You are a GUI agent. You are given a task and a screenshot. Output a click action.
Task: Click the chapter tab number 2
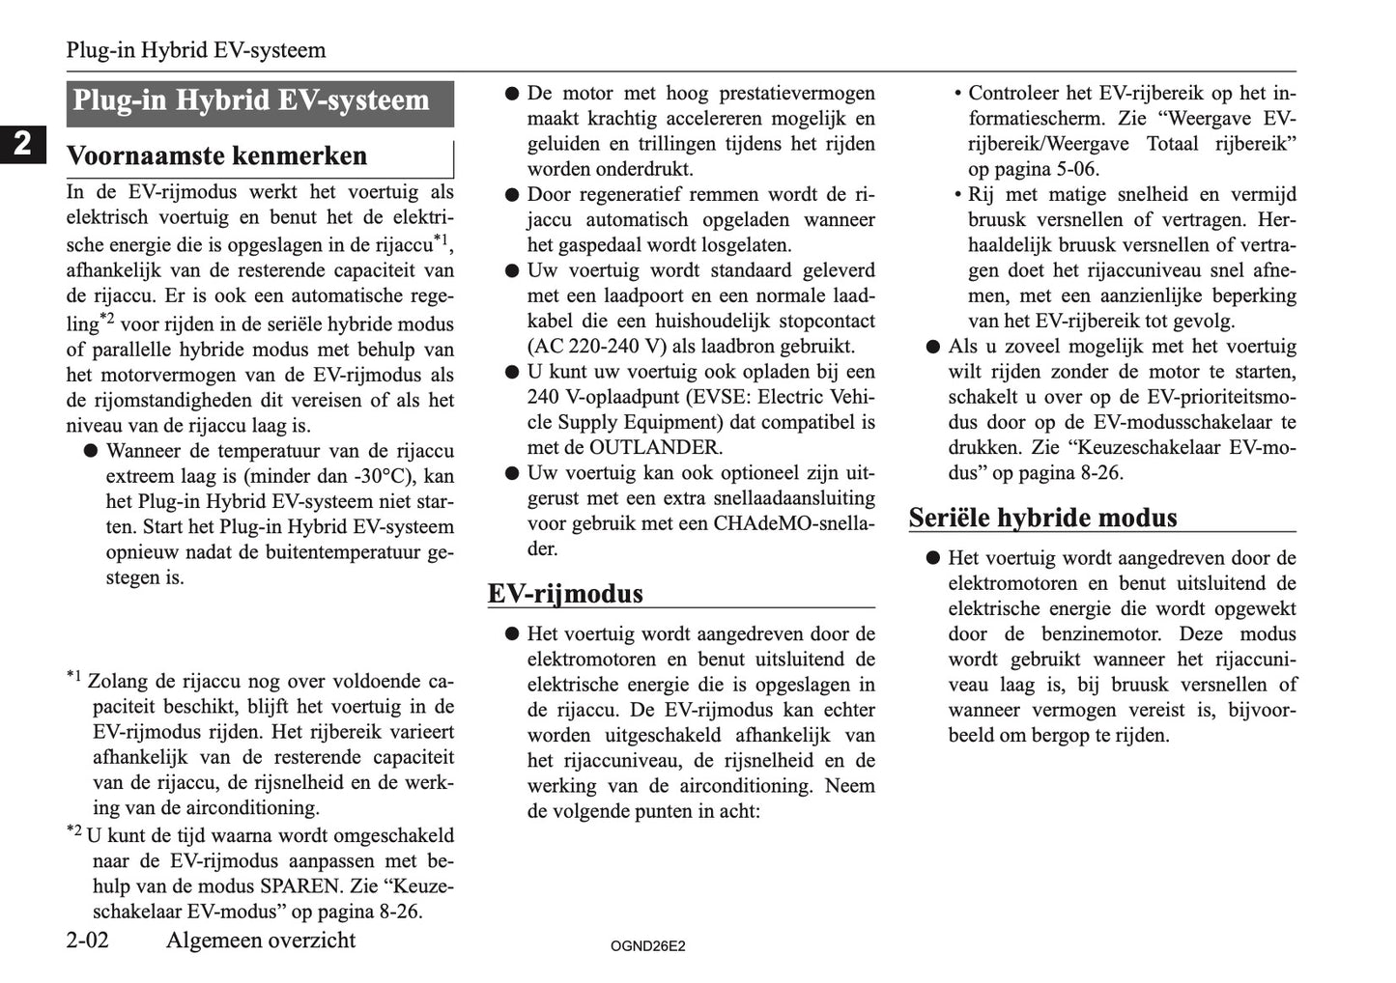tap(22, 144)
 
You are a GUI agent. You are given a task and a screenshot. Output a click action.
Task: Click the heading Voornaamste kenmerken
tap(216, 156)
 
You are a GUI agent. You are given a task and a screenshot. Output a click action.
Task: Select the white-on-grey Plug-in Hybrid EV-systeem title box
tap(259, 102)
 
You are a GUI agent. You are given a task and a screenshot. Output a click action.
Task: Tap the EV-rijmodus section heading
tap(565, 593)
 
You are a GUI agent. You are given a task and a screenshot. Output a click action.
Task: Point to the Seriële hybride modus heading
tap(1042, 518)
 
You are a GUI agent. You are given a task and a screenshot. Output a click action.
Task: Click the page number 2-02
tap(88, 941)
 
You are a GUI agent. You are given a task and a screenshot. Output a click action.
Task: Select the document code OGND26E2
tap(647, 946)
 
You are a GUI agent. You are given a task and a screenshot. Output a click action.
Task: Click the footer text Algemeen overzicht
tap(261, 941)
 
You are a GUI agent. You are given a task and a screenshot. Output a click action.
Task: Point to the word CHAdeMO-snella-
tap(794, 523)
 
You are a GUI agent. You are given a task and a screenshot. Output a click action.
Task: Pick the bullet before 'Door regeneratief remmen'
tap(512, 195)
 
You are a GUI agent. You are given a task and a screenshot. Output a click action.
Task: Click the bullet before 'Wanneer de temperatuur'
tap(91, 451)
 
